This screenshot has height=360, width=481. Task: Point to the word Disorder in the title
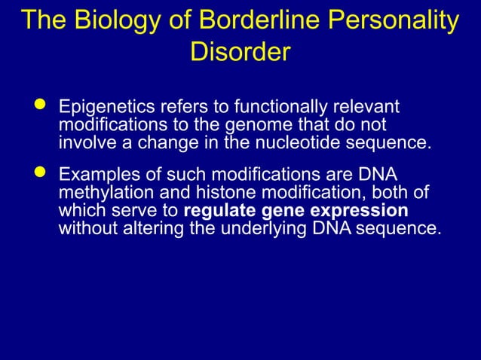[240, 53]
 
